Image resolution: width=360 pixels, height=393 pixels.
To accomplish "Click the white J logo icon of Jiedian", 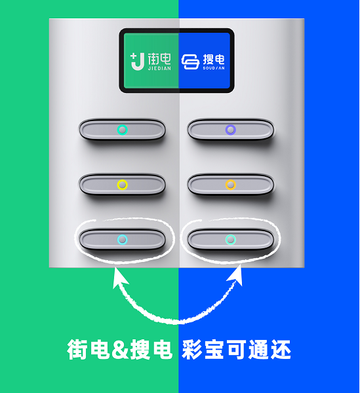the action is pyautogui.click(x=138, y=62).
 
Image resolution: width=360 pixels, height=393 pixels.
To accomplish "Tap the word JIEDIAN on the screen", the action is pyautogui.click(x=159, y=68).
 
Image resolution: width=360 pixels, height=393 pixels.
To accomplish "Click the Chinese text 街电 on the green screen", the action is pyautogui.click(x=159, y=59).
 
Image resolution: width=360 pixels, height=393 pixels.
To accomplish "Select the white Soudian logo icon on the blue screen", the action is pyautogui.click(x=190, y=62).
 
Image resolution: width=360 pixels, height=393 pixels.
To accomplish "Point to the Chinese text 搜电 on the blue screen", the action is pyautogui.click(x=214, y=60).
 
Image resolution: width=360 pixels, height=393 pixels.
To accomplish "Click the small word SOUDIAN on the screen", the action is pyautogui.click(x=214, y=68).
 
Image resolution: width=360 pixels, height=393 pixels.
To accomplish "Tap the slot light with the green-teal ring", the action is pyautogui.click(x=123, y=130).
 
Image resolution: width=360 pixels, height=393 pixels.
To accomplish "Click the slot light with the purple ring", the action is pyautogui.click(x=231, y=130).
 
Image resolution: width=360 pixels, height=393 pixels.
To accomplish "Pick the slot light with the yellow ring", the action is pyautogui.click(x=123, y=185).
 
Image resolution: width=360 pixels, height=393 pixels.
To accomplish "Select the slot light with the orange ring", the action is pyautogui.click(x=231, y=185).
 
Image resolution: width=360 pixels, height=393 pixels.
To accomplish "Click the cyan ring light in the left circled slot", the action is pyautogui.click(x=123, y=240).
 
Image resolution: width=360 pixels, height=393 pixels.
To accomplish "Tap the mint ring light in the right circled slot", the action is pyautogui.click(x=231, y=240).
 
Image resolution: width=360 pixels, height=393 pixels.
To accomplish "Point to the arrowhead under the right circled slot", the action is pyautogui.click(x=236, y=276).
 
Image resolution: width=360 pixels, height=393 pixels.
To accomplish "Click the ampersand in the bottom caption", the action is pyautogui.click(x=120, y=349).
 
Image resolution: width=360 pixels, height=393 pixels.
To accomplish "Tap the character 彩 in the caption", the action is pyautogui.click(x=192, y=349).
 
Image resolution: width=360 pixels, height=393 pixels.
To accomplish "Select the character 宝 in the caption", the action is pyautogui.click(x=214, y=349).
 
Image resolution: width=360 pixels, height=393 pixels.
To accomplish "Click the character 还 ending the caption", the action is pyautogui.click(x=281, y=349).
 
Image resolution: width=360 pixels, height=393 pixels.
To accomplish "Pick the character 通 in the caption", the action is pyautogui.click(x=259, y=349).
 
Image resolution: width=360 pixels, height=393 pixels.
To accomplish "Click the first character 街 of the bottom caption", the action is pyautogui.click(x=77, y=349).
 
